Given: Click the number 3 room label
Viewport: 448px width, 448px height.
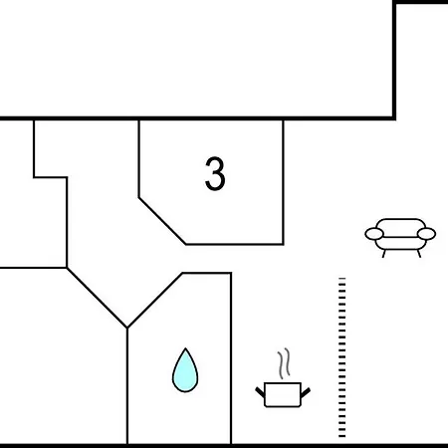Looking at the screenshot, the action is click(x=215, y=173).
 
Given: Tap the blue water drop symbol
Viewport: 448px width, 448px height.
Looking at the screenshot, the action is click(x=185, y=370).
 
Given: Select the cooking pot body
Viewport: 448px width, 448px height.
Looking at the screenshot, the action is click(x=283, y=394).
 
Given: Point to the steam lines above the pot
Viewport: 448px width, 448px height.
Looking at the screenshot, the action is click(x=284, y=363).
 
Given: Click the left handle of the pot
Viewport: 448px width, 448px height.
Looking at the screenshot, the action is click(x=260, y=392).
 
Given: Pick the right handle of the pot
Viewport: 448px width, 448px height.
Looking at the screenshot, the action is click(x=306, y=392).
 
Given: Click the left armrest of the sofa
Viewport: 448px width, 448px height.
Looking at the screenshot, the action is click(x=374, y=234).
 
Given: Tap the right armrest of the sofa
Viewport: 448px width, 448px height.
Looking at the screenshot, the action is click(x=426, y=234).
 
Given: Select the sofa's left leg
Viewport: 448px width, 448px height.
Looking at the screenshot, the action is click(x=384, y=254).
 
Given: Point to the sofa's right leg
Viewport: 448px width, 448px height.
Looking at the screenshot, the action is click(x=419, y=254).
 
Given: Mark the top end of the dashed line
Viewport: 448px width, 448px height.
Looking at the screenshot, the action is click(x=342, y=278).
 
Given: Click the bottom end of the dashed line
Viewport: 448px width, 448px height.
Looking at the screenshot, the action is click(x=342, y=436).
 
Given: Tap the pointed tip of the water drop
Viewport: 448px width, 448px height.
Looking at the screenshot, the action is click(x=185, y=348).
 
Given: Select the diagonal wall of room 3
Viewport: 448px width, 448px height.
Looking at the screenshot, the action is click(x=162, y=221).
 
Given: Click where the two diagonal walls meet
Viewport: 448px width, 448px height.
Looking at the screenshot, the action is click(x=127, y=328).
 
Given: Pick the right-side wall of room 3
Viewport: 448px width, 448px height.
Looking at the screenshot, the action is click(x=283, y=182).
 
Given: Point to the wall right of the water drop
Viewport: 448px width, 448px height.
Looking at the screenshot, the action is click(x=231, y=358).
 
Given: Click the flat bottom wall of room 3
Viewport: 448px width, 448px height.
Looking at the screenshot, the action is click(x=234, y=244).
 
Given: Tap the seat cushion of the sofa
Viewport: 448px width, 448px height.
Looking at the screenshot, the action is click(x=400, y=243).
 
